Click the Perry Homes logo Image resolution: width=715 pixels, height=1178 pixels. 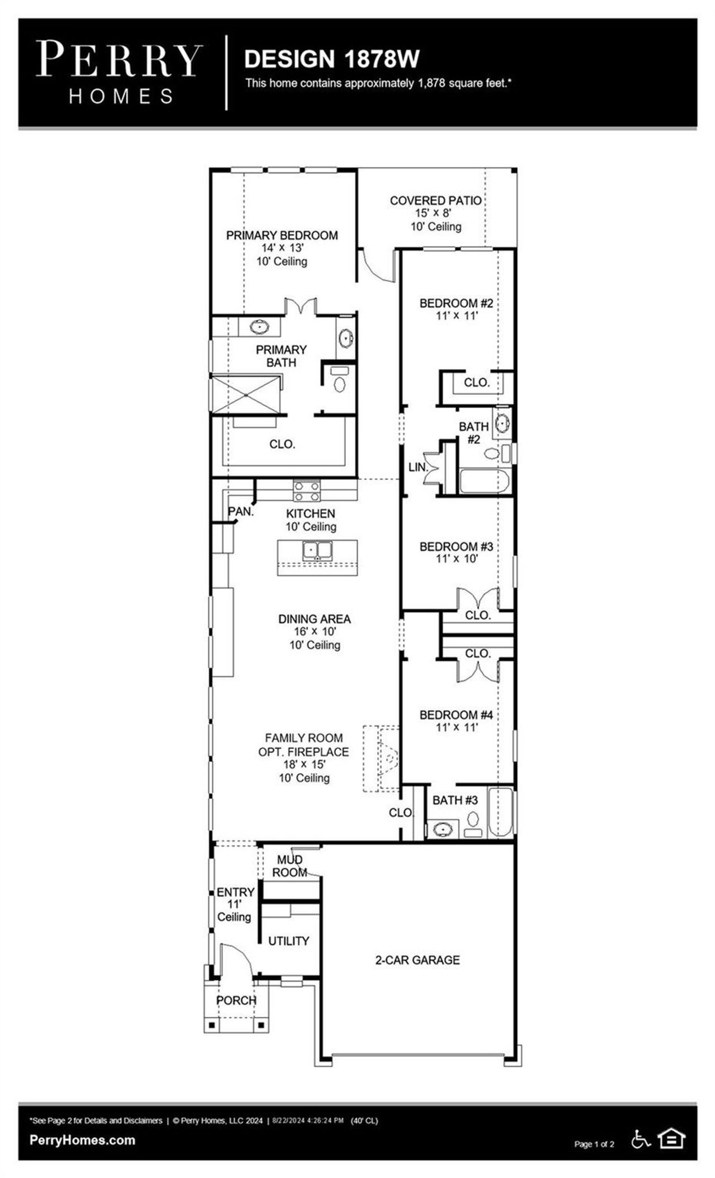coord(119,72)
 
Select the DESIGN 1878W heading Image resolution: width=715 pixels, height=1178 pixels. coord(332,59)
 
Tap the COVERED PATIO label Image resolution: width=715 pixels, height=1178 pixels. coord(435,201)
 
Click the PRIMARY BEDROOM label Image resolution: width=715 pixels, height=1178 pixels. coord(282,236)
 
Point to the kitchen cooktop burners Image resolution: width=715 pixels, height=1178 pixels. coord(307,491)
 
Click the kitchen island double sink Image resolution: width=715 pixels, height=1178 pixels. coord(317,550)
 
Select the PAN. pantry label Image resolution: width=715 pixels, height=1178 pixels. coord(241,512)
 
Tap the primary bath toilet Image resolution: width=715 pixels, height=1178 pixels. coord(340,381)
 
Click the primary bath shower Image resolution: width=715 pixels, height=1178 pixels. coord(246,394)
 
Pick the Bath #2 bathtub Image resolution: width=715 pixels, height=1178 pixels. coord(484,481)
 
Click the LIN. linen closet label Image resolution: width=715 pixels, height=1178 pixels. coord(417,467)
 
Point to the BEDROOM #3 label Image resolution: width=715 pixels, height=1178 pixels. coord(456,546)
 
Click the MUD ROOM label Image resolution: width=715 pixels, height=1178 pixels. coord(289,866)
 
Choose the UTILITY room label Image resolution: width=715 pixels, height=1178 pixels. coord(288,941)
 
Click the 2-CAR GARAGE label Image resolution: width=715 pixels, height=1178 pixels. coord(417,960)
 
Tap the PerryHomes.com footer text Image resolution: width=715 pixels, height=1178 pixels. coord(82,1140)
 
